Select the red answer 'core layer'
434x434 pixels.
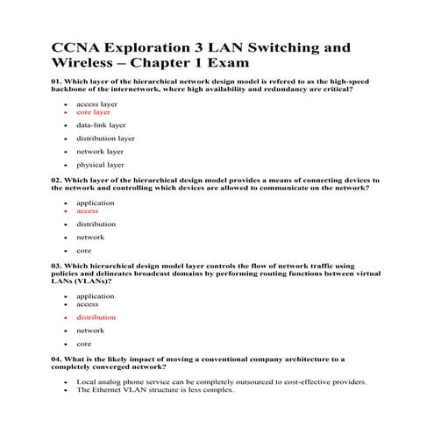coord(94,112)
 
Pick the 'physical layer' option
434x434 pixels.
coord(100,164)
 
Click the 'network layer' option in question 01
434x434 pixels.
coord(99,151)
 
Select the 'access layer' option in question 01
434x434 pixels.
coord(96,103)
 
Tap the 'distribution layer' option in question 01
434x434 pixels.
coord(105,138)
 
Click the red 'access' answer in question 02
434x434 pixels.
coord(88,210)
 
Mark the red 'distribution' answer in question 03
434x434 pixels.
coord(96,317)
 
